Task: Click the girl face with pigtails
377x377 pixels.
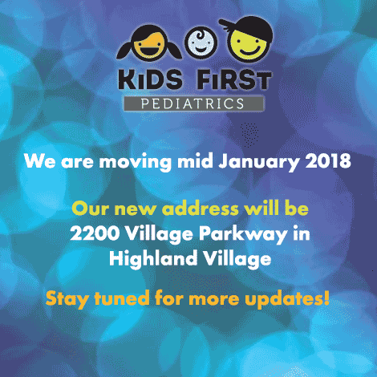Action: (x=149, y=43)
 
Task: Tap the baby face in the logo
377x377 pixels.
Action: (x=201, y=43)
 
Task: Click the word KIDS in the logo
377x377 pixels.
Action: (x=150, y=79)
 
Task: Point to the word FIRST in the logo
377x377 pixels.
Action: (x=234, y=79)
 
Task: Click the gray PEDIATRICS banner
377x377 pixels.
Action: (x=193, y=103)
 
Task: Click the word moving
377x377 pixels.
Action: (x=136, y=162)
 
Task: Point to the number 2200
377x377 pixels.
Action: (x=95, y=233)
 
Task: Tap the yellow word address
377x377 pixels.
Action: (x=201, y=209)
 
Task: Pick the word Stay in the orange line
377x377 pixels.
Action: (x=67, y=299)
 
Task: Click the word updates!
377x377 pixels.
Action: (x=287, y=299)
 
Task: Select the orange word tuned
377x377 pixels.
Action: (x=122, y=298)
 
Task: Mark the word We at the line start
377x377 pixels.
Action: (x=40, y=161)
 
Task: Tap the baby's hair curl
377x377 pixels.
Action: (x=200, y=35)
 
